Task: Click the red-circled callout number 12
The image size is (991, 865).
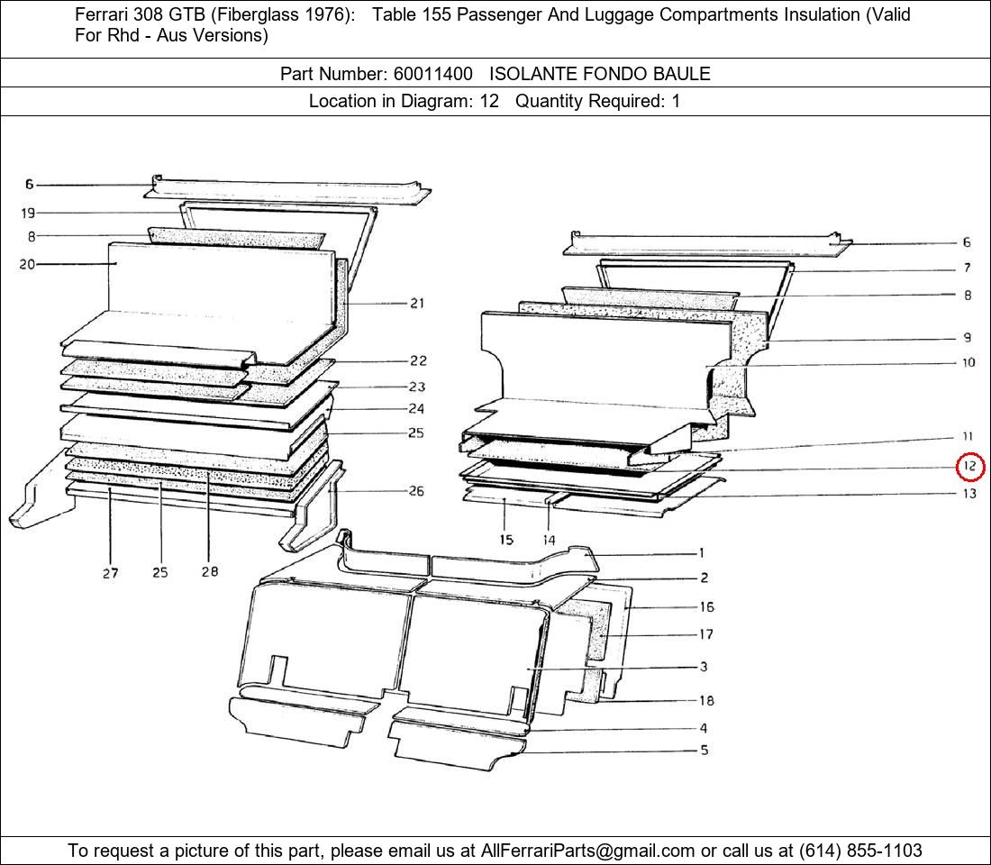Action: pyautogui.click(x=969, y=467)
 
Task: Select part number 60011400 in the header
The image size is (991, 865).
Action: pyautogui.click(x=433, y=74)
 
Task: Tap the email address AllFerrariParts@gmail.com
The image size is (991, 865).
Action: pyautogui.click(x=587, y=851)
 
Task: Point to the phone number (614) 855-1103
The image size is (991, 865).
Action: pyautogui.click(x=860, y=851)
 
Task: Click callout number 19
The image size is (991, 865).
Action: pyautogui.click(x=28, y=213)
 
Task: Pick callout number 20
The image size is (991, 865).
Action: pyautogui.click(x=27, y=264)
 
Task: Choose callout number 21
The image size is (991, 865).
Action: pyautogui.click(x=417, y=304)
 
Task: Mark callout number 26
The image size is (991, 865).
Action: pyautogui.click(x=416, y=491)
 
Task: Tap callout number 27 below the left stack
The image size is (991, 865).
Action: pyautogui.click(x=110, y=573)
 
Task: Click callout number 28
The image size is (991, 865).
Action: pyautogui.click(x=210, y=571)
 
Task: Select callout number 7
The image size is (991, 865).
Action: pyautogui.click(x=967, y=269)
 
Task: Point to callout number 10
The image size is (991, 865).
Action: pyautogui.click(x=968, y=362)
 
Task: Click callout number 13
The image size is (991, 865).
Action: pyautogui.click(x=969, y=493)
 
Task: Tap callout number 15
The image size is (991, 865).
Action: pyautogui.click(x=505, y=540)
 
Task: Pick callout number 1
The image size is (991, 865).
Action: pyautogui.click(x=701, y=552)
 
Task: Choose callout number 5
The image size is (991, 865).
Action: pyautogui.click(x=705, y=750)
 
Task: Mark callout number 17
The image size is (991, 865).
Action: pyautogui.click(x=706, y=633)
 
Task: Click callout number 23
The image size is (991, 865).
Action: pyautogui.click(x=417, y=387)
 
